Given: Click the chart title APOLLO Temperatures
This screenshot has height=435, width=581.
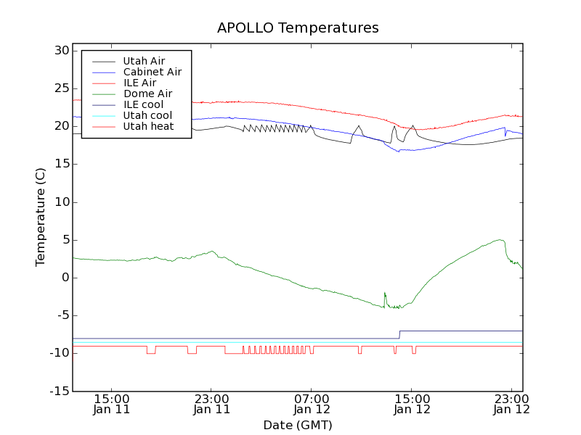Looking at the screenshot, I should pos(298,28).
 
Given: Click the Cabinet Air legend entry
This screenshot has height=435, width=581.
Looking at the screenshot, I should pos(152,72).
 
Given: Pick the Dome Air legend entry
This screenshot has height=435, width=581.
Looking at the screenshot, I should pos(147,94).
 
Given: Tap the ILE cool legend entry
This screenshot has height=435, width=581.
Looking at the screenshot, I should pos(143,104).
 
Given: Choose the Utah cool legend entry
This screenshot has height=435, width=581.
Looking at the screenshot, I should pos(147,115).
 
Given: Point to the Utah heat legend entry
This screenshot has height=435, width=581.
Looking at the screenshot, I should pos(148,126).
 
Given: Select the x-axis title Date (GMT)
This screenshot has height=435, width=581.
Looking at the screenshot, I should pos(298,425).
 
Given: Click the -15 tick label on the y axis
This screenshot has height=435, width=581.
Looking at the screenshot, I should pos(58,391).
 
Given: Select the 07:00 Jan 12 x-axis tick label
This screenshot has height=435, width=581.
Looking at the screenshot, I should pos(312,404).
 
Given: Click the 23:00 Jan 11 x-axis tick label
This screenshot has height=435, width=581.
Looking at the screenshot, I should pos(211,404).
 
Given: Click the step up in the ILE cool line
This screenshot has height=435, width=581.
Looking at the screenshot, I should pos(399,334).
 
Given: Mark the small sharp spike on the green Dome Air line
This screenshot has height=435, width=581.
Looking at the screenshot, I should pos(385,294).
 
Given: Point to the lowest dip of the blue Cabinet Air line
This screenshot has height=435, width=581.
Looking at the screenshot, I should pos(399,151).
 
